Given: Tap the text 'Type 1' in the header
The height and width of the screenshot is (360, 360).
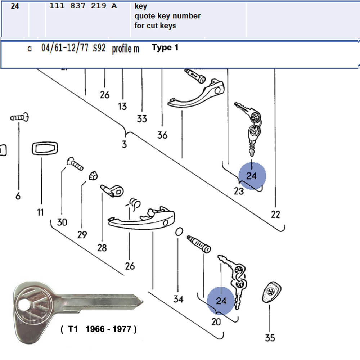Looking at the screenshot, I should pyautogui.click(x=165, y=48).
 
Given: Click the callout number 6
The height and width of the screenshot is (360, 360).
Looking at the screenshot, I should pyautogui.click(x=18, y=196).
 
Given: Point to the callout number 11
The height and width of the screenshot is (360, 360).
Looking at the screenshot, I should pyautogui.click(x=40, y=212).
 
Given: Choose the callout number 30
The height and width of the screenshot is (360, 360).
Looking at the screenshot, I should pyautogui.click(x=62, y=222).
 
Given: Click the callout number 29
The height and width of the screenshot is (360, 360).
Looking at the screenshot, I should pyautogui.click(x=82, y=235).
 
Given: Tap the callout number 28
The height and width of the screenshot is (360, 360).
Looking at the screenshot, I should pyautogui.click(x=102, y=248).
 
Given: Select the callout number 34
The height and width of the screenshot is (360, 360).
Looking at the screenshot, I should pyautogui.click(x=178, y=299).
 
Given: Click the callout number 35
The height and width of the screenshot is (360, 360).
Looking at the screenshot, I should pyautogui.click(x=270, y=338).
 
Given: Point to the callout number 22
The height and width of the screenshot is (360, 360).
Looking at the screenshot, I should pyautogui.click(x=275, y=215).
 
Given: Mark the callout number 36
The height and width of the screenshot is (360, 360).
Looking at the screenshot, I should pyautogui.click(x=162, y=135).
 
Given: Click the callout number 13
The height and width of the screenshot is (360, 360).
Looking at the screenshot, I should pyautogui.click(x=122, y=106).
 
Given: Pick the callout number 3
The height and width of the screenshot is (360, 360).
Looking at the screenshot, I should pyautogui.click(x=124, y=145).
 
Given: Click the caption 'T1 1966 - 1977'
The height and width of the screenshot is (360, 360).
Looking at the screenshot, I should pyautogui.click(x=99, y=329).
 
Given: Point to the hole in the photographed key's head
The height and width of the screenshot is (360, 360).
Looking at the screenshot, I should pyautogui.click(x=22, y=303).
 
